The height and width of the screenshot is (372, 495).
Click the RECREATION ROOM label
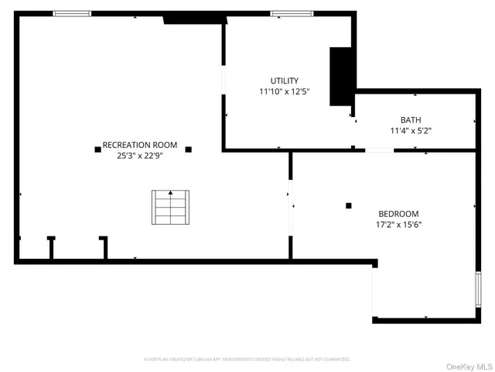[x=140, y=145]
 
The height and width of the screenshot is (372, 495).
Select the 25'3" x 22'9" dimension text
[x=140, y=155]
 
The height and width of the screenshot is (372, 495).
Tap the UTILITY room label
[x=284, y=81]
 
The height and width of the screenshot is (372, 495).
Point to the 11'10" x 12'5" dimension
[x=284, y=91]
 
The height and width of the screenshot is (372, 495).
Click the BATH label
[x=411, y=120]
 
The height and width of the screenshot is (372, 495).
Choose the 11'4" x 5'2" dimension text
[x=411, y=131]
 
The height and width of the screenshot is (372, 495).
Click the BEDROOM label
[x=398, y=214]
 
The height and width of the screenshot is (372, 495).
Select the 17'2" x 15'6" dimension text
[x=398, y=225]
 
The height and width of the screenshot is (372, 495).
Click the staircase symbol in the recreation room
[x=169, y=207]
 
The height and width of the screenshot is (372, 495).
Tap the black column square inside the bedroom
[x=349, y=205]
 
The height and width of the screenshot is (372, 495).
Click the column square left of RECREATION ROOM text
[x=97, y=149]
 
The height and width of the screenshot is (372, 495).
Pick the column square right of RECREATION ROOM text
[x=188, y=149]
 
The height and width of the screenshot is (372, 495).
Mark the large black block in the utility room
[x=341, y=76]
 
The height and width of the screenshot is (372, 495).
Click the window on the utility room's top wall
[x=292, y=13]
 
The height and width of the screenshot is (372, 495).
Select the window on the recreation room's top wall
[x=72, y=13]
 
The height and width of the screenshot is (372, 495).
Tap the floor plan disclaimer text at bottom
[x=247, y=360]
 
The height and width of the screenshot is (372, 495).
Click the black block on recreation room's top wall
[x=193, y=18]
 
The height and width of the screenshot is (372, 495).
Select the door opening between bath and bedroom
[x=379, y=150]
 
